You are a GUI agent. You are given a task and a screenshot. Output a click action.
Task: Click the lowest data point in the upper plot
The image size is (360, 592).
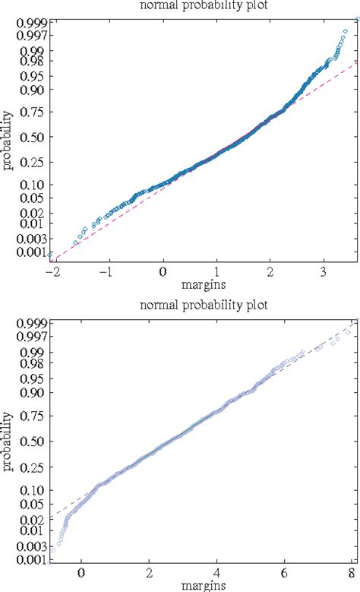[x=51, y=255]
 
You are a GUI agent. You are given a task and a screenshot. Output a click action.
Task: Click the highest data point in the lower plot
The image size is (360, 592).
[x=352, y=321]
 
